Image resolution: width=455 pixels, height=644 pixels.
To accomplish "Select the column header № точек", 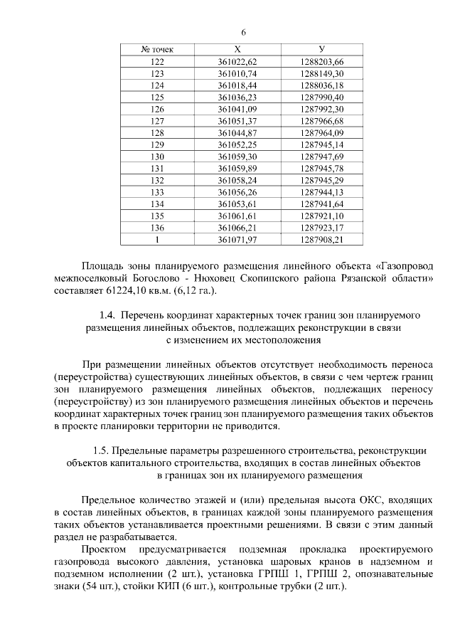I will [x=157, y=50].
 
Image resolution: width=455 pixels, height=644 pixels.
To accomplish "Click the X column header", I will [x=237, y=50].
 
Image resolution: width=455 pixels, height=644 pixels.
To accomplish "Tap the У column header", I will [x=322, y=50].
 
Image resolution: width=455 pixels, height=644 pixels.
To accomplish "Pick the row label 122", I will [x=157, y=62].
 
